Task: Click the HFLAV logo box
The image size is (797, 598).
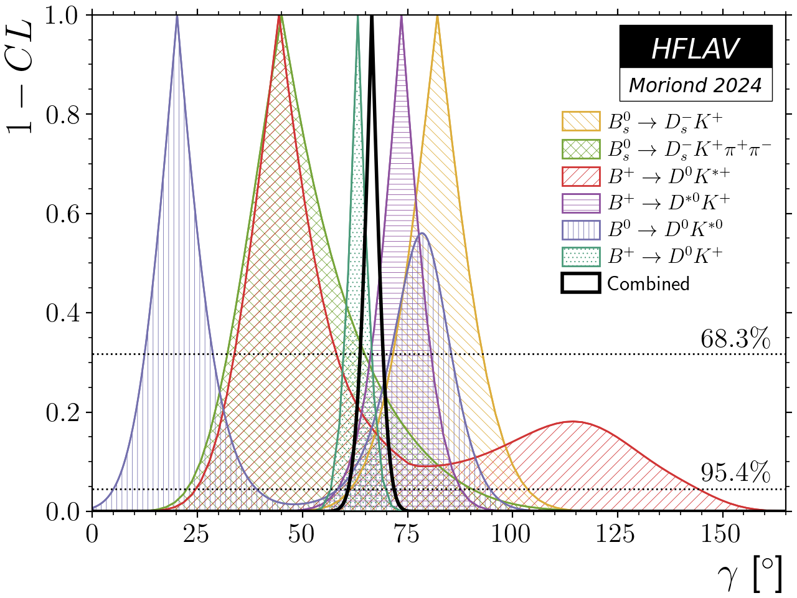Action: pyautogui.click(x=696, y=47)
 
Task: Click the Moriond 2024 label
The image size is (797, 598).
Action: pyautogui.click(x=696, y=85)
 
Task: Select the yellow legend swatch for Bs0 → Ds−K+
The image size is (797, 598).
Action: pyautogui.click(x=580, y=121)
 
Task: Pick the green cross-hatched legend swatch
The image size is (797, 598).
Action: pyautogui.click(x=580, y=148)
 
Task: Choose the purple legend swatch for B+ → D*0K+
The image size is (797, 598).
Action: pyautogui.click(x=580, y=202)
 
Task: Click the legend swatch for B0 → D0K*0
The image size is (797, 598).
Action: pyautogui.click(x=580, y=229)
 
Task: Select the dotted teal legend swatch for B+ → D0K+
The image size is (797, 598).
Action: pyautogui.click(x=580, y=256)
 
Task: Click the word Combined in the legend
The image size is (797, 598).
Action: pyautogui.click(x=648, y=283)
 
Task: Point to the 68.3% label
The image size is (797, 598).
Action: pyautogui.click(x=735, y=339)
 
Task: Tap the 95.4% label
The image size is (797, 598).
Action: pyautogui.click(x=735, y=474)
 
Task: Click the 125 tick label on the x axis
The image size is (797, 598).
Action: pyautogui.click(x=617, y=534)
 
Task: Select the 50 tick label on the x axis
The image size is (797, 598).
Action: pyautogui.click(x=302, y=534)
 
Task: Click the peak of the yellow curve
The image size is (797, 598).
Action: pyautogui.click(x=438, y=17)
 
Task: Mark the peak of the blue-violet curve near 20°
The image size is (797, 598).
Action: pyautogui.click(x=177, y=17)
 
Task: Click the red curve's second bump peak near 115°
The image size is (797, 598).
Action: pyautogui.click(x=572, y=422)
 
